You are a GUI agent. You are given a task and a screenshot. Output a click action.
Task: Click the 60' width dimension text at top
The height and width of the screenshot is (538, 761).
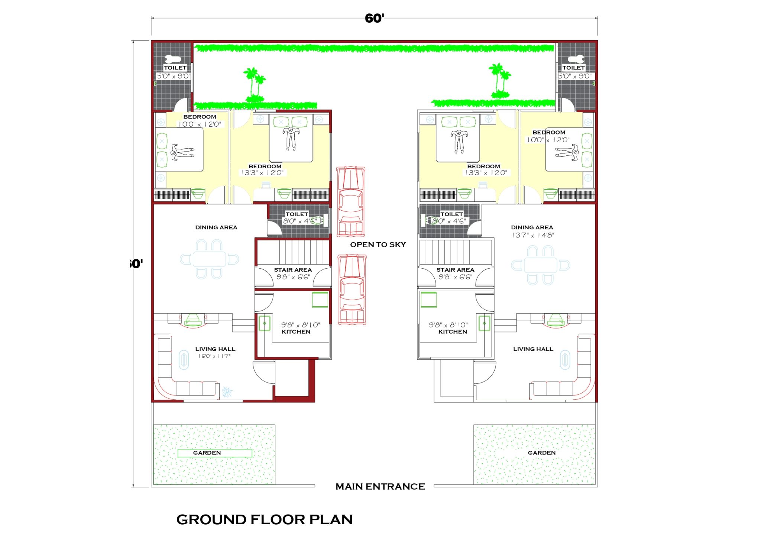[x=374, y=18]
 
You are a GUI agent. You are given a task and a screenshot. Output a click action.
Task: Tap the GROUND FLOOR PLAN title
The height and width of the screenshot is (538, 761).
[x=264, y=519]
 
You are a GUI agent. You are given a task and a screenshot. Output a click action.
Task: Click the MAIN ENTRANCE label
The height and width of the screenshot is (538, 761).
[x=380, y=486]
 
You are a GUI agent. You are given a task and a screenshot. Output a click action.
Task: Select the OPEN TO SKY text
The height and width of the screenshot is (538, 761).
[x=378, y=244]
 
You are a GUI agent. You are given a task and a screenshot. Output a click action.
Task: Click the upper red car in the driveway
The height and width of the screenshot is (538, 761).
[x=350, y=201]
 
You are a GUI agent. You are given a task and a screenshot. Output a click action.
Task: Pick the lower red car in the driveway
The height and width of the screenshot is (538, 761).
[x=352, y=289]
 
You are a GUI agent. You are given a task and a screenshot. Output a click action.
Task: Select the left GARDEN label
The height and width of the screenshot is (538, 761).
[x=207, y=453]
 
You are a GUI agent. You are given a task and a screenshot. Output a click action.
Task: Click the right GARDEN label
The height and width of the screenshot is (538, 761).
[x=541, y=453]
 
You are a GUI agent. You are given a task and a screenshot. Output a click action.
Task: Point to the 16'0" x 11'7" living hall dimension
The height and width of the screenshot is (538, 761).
[x=214, y=356]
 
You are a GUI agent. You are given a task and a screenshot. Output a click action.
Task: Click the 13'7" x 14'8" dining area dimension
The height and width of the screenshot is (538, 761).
[x=532, y=235]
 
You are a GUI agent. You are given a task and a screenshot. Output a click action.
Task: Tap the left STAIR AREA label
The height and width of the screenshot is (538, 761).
[x=293, y=270]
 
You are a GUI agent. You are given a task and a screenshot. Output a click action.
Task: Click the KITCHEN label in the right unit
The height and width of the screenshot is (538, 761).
[x=452, y=331]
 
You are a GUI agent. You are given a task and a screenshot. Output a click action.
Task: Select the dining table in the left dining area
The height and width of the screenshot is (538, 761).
[x=209, y=259]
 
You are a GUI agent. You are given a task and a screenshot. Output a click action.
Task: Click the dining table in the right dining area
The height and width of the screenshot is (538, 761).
[x=540, y=265]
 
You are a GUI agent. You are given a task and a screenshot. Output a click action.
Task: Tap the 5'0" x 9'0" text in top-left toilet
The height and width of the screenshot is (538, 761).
[x=173, y=76]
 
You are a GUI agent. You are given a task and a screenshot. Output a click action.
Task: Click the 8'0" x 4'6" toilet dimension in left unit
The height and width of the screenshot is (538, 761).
[x=299, y=221]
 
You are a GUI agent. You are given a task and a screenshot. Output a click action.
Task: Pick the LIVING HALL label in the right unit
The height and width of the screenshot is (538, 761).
[x=533, y=349]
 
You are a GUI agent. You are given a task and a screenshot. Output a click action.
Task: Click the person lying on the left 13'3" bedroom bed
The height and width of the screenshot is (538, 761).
[x=291, y=138]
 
